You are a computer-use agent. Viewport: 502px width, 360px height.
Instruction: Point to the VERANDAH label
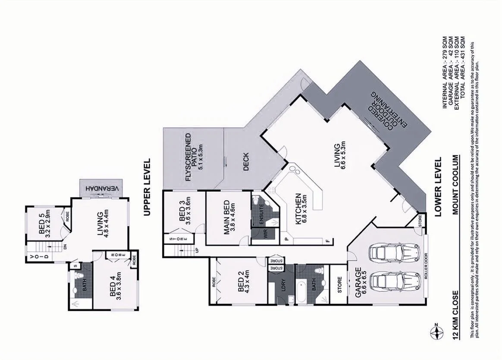point(102,189)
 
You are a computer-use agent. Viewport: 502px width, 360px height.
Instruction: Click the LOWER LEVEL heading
point(439,186)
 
